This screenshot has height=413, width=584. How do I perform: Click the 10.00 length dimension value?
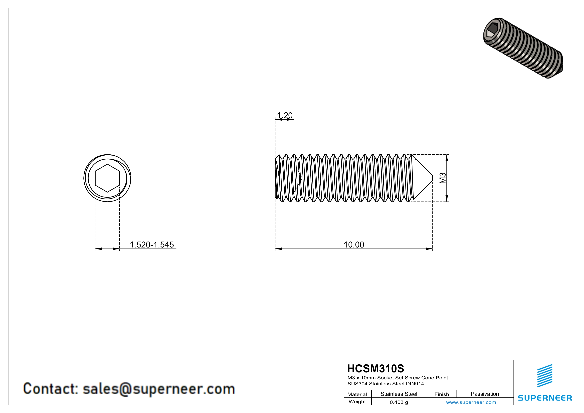coord(354,245)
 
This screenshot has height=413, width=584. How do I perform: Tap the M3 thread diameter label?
coord(443,178)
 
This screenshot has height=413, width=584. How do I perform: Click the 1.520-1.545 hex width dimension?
coord(152,245)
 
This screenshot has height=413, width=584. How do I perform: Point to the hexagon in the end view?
coord(107,178)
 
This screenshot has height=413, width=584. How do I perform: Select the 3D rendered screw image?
coord(523,48)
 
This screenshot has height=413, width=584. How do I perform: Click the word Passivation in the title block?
coord(485,394)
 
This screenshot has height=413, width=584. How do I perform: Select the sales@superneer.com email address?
coord(159,389)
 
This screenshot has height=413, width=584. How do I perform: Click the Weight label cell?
coord(357,402)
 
